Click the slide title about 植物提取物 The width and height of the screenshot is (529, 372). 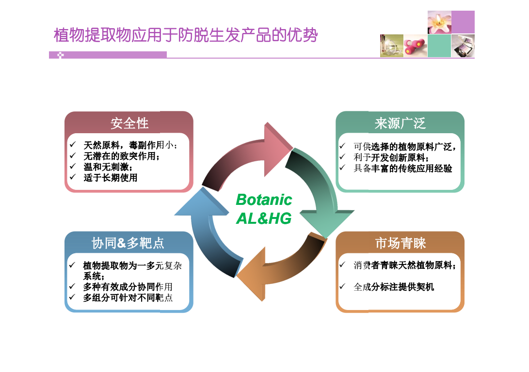[x=186, y=35]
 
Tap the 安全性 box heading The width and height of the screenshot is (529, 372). [x=129, y=124]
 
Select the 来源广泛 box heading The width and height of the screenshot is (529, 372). [x=400, y=124]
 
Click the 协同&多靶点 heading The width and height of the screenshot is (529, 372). [x=128, y=243]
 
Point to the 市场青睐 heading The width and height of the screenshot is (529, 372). [x=401, y=243]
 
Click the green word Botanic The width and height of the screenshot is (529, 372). [x=264, y=200]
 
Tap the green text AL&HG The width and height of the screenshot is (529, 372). [x=264, y=218]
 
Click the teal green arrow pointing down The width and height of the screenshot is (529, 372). [x=321, y=189]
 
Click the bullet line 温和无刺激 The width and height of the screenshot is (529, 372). [x=108, y=167]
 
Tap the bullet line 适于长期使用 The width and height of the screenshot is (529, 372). [x=111, y=178]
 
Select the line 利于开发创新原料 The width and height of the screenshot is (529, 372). [x=391, y=157]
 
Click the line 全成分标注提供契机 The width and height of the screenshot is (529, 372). [x=394, y=287]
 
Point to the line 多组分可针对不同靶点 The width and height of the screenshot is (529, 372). [x=128, y=297]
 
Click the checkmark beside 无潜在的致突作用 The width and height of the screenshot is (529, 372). [x=73, y=155]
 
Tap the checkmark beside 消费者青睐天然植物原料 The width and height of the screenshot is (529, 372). [x=342, y=264]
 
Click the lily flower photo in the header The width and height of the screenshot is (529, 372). [x=439, y=22]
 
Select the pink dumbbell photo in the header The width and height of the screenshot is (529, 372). [x=416, y=46]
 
